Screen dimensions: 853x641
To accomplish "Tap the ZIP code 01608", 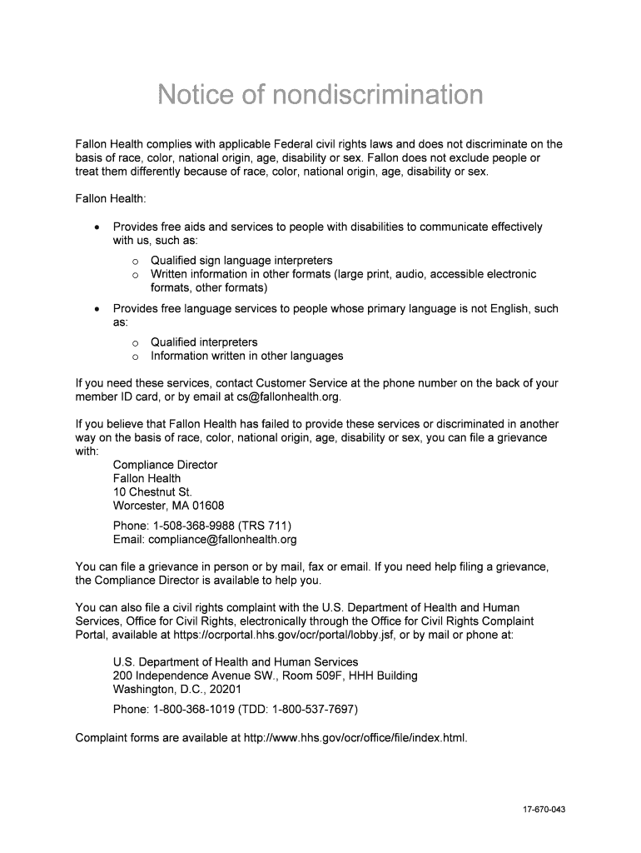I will click(208, 506).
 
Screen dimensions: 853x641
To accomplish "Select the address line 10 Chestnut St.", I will click(152, 492).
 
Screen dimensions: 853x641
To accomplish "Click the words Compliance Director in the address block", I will click(165, 465).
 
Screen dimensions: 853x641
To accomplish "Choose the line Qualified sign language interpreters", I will click(241, 261).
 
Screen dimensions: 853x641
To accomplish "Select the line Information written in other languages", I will click(246, 356).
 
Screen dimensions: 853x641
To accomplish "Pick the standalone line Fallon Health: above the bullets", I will click(111, 199).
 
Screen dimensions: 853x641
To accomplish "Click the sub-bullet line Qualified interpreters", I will click(204, 342).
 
